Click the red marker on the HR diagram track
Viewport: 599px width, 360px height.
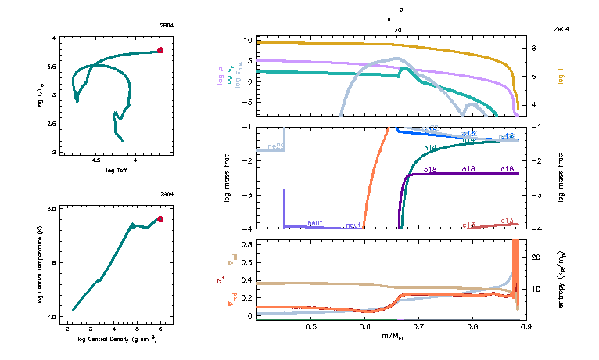[160, 50]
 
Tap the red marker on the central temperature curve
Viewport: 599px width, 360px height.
[160, 219]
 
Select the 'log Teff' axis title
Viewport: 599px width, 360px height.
[117, 170]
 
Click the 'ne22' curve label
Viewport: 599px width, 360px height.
[275, 146]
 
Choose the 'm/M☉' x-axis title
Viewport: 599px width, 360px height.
[392, 336]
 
